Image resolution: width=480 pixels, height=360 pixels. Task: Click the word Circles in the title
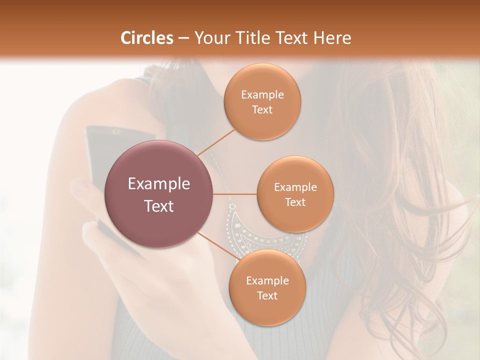[x=147, y=38]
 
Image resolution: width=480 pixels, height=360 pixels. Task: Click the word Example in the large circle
[x=159, y=184]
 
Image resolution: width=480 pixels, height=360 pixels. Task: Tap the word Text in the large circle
[x=159, y=206]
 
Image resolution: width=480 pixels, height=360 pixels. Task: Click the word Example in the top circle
[x=262, y=95]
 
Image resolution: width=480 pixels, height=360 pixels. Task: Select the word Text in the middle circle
[x=295, y=202]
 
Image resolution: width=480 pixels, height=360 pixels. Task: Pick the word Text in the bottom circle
[x=267, y=295]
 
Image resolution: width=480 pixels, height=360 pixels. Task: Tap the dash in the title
[x=183, y=38]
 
